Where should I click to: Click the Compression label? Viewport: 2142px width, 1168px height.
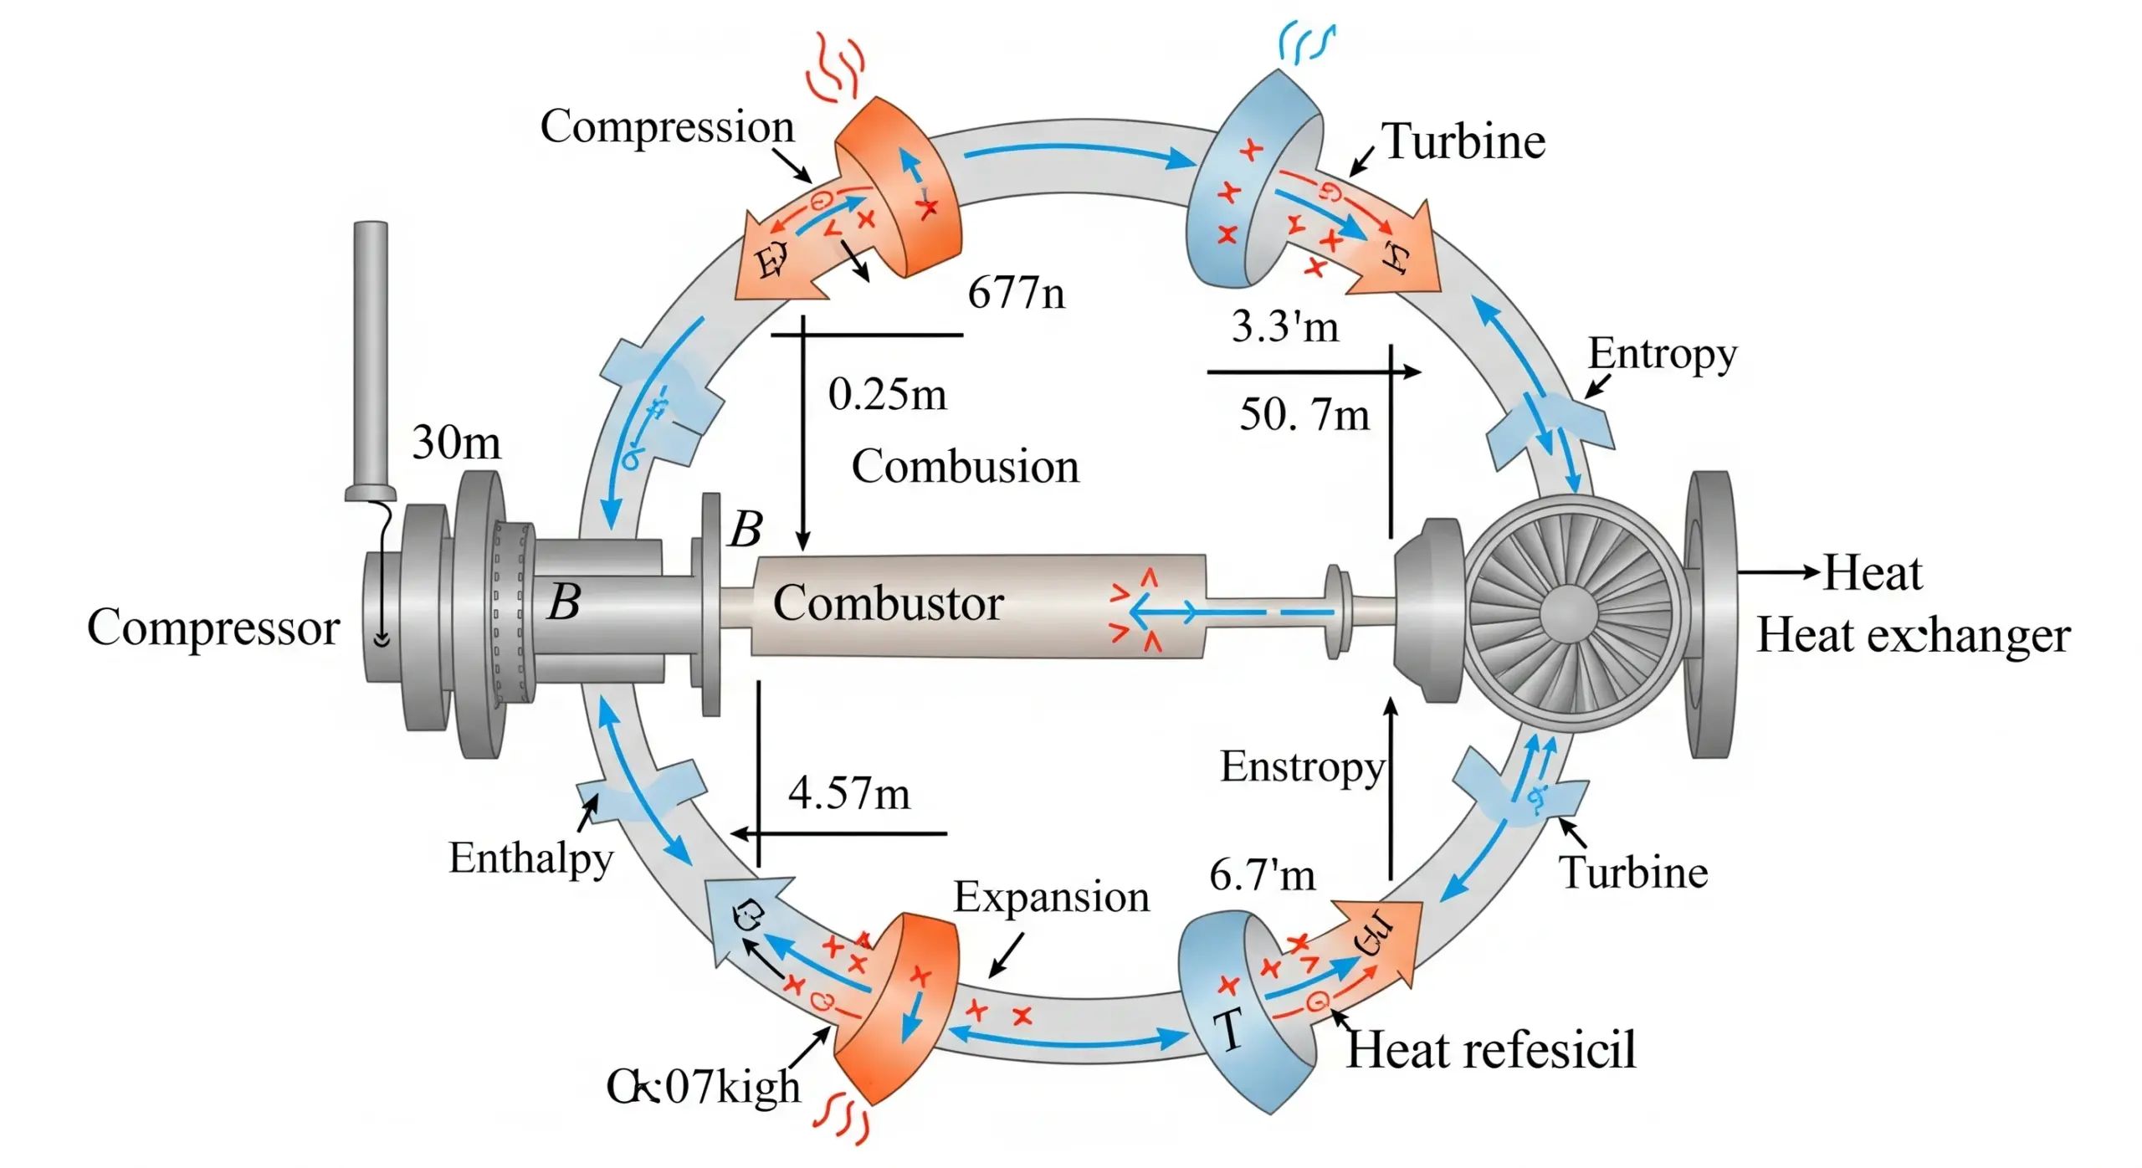(667, 128)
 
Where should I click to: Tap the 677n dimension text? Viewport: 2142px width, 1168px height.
(1016, 293)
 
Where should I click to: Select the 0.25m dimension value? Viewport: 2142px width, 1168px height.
(887, 394)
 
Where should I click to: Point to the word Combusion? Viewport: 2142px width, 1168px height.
(965, 466)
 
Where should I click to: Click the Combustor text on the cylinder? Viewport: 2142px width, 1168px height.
(888, 603)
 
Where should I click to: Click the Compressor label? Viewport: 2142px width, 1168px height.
(213, 628)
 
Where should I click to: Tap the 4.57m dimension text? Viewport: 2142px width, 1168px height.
(848, 792)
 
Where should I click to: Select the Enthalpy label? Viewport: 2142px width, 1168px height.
(531, 858)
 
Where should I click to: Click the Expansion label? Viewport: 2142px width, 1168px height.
(1051, 897)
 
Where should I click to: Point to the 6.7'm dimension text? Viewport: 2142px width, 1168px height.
(1262, 875)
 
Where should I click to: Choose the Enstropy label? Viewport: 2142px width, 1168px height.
(1302, 767)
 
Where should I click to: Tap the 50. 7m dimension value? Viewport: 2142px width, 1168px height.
(1304, 414)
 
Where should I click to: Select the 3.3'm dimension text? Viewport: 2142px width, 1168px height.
(1284, 325)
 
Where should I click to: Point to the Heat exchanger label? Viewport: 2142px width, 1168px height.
(1913, 636)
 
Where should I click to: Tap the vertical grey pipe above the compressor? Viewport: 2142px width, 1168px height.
(371, 351)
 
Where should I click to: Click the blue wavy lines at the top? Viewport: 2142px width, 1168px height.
(1305, 44)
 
